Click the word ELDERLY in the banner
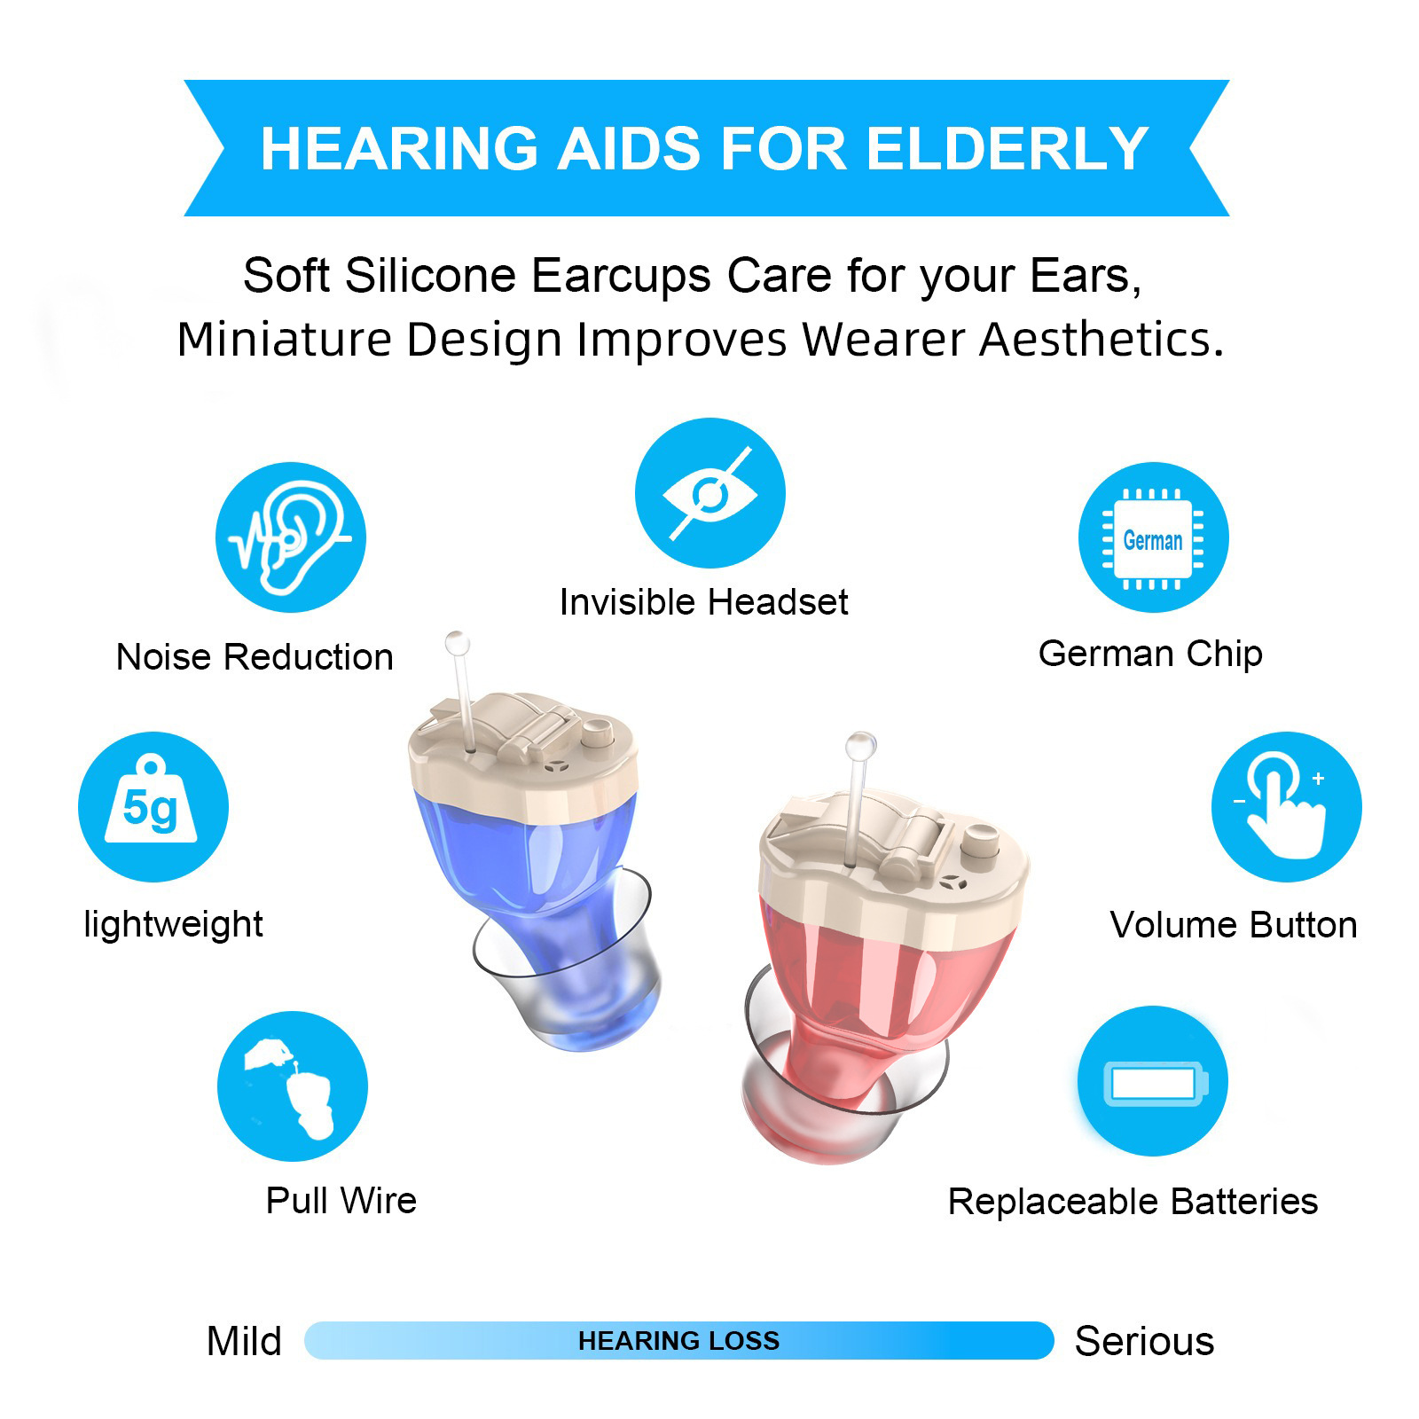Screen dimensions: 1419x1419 1007,148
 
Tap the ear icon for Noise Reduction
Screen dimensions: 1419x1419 291,537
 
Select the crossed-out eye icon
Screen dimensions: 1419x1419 710,493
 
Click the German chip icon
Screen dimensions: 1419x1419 1153,537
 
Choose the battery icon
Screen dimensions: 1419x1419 1153,1082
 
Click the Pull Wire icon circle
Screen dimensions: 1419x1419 293,1086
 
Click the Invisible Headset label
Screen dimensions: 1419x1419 703,602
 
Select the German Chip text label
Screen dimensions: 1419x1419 1150,655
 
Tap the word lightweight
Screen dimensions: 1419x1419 173,924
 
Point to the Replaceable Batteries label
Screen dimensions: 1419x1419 1133,1202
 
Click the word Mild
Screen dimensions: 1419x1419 244,1341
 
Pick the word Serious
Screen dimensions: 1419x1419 1144,1341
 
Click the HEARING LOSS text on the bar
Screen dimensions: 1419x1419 678,1340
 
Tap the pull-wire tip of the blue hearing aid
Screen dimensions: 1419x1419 458,643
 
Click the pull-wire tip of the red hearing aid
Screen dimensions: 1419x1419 860,746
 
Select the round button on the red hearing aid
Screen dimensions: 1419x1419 981,838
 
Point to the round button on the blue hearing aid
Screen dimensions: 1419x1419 597,733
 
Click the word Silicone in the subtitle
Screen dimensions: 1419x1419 430,275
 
